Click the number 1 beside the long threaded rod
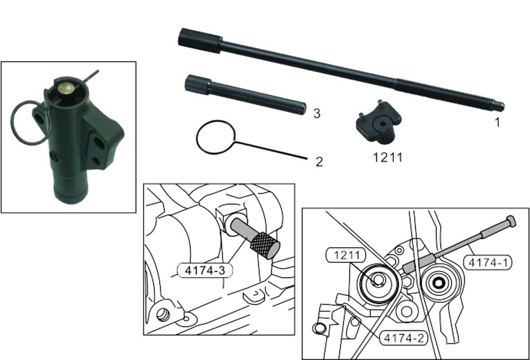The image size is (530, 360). click(497, 122)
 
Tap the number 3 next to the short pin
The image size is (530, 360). click(317, 113)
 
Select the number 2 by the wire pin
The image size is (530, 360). click(319, 162)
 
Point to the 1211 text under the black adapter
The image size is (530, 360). click(388, 157)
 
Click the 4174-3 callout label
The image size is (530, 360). click(205, 270)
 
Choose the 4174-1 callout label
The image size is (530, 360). click(487, 262)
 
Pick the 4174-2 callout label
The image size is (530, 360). click(404, 338)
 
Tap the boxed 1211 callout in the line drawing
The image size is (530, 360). click(346, 255)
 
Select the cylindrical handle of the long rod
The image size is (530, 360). click(200, 41)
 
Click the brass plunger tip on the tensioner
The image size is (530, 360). click(66, 88)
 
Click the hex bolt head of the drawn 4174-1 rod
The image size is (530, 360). click(511, 221)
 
